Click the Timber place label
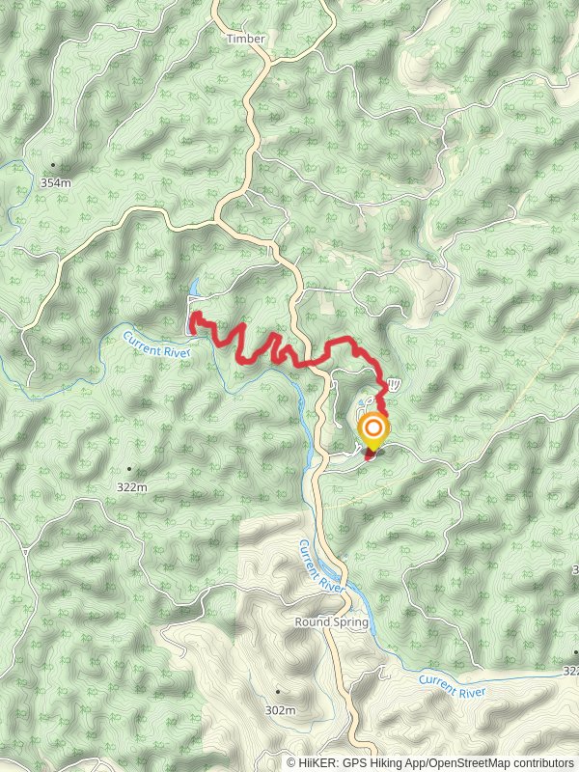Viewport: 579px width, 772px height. click(245, 39)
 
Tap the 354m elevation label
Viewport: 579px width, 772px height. click(56, 182)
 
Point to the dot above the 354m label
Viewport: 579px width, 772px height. click(53, 165)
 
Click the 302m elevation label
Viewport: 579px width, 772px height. click(279, 710)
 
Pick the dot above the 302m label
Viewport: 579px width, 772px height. click(278, 691)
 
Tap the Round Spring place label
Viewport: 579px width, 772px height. click(332, 622)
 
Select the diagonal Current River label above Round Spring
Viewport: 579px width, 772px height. click(320, 565)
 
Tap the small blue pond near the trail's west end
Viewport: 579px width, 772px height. click(196, 288)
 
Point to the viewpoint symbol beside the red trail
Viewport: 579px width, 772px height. click(394, 383)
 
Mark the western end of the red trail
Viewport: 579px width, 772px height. click(191, 317)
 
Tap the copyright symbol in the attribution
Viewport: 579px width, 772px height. click(291, 762)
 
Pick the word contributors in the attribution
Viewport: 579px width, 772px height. click(541, 762)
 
